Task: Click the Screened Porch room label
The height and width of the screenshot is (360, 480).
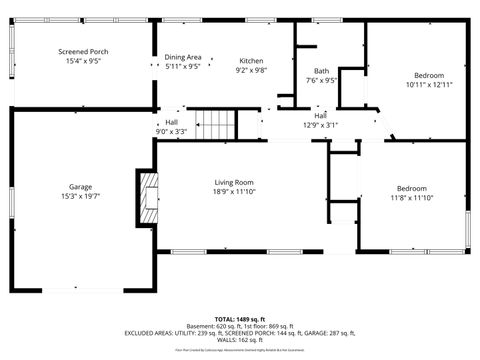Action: pos(83,52)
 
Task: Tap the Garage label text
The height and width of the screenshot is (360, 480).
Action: pos(80,187)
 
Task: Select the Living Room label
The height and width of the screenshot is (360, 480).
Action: pos(234,181)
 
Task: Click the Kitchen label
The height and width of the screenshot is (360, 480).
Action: pos(251,60)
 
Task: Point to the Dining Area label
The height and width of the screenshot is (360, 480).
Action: pos(183,57)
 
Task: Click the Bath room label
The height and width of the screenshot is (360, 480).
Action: pos(321,71)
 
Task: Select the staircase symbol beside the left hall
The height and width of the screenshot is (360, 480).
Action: pos(216,125)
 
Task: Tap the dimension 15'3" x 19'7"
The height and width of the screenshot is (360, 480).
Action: pos(80,197)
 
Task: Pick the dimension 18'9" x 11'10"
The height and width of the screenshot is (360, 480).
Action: pos(234,191)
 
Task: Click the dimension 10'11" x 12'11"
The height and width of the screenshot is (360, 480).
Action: pos(429,85)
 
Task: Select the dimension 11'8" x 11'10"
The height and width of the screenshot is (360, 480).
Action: pos(411,198)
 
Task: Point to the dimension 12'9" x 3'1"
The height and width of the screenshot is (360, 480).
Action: pos(321,125)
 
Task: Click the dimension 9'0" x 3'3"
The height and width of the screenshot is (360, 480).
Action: pos(171,131)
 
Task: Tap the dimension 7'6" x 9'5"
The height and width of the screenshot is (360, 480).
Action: pos(321,81)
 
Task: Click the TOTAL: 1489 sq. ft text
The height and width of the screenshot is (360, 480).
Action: pos(240,319)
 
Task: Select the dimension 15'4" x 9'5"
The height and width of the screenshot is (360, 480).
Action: pos(83,62)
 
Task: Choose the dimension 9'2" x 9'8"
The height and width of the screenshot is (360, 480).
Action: pos(251,70)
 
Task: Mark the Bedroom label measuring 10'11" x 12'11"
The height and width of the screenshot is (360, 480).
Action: pos(429,75)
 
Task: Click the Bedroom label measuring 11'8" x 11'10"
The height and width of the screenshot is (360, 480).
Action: pos(411,188)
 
